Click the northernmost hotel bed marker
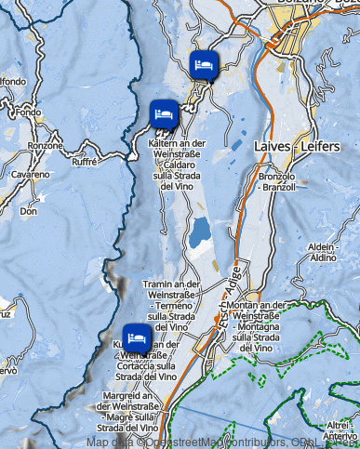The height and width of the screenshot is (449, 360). coord(204,65)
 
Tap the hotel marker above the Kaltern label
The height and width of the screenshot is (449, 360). coord(165,112)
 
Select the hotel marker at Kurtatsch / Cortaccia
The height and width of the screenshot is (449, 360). coord(137,336)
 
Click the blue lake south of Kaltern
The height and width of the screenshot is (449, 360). coord(198,234)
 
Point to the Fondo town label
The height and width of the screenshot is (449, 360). coord(29,112)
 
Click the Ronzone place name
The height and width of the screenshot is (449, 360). coord(45,146)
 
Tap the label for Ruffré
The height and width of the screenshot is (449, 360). coord(84,161)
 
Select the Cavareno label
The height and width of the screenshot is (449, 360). coord(31,175)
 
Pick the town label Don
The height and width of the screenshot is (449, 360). coord(29,211)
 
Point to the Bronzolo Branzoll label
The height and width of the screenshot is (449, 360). coord(277,181)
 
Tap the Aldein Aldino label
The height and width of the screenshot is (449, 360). coord(320,251)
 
